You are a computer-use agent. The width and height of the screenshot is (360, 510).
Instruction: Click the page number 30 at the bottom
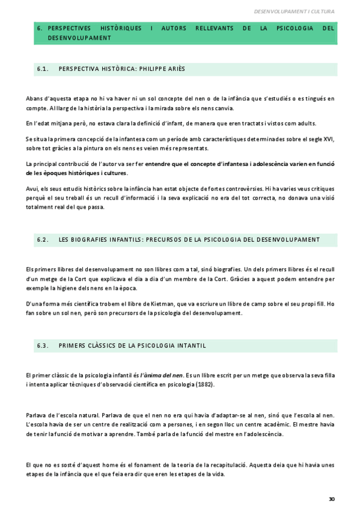tap(332, 499)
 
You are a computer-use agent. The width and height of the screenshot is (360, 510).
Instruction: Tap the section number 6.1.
tap(42, 69)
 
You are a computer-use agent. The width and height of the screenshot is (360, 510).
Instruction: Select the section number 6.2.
tap(42, 239)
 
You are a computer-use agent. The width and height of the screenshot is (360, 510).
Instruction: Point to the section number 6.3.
tap(42, 345)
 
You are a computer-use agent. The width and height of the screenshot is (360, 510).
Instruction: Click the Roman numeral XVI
tap(328, 140)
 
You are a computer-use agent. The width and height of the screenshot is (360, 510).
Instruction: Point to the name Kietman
tap(153, 304)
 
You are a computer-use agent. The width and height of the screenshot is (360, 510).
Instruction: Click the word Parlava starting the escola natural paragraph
tap(37, 416)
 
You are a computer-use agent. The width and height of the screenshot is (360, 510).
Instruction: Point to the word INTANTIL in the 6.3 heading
tap(191, 345)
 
